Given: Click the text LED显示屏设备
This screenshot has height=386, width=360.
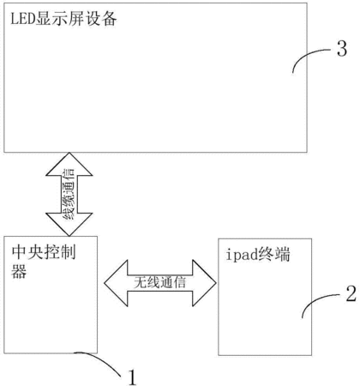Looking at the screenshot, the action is pyautogui.click(x=63, y=19).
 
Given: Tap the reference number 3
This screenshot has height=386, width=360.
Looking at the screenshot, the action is pyautogui.click(x=342, y=49).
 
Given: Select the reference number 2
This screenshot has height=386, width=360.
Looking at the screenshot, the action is pyautogui.click(x=351, y=293).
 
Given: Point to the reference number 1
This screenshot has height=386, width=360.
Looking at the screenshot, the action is pyautogui.click(x=132, y=377).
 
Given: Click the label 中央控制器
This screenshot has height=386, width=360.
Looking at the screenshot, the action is pyautogui.click(x=44, y=262).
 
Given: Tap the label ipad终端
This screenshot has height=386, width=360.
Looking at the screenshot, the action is pyautogui.click(x=258, y=255).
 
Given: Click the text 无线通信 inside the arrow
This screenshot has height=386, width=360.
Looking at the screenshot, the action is pyautogui.click(x=160, y=283).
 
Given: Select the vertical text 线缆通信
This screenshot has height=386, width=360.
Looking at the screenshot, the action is pyautogui.click(x=69, y=194).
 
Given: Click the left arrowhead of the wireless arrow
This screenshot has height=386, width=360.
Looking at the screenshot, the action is pyautogui.click(x=116, y=283).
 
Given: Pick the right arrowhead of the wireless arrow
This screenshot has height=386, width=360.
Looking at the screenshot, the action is pyautogui.click(x=204, y=283).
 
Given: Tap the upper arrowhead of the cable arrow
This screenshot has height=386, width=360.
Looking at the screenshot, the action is pyautogui.click(x=69, y=164).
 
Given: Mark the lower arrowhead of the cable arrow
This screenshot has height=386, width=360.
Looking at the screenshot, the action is pyautogui.click(x=69, y=225).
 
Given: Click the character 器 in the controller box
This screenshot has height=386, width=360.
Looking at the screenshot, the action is pyautogui.click(x=19, y=271).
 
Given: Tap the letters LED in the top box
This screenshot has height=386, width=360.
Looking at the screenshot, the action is pyautogui.click(x=23, y=19).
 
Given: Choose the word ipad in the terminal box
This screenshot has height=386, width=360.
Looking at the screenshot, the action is pyautogui.click(x=242, y=255).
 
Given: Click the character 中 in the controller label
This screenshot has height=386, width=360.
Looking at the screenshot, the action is pyautogui.click(x=19, y=252).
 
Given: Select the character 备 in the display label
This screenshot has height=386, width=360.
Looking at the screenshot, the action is pyautogui.click(x=109, y=19).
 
